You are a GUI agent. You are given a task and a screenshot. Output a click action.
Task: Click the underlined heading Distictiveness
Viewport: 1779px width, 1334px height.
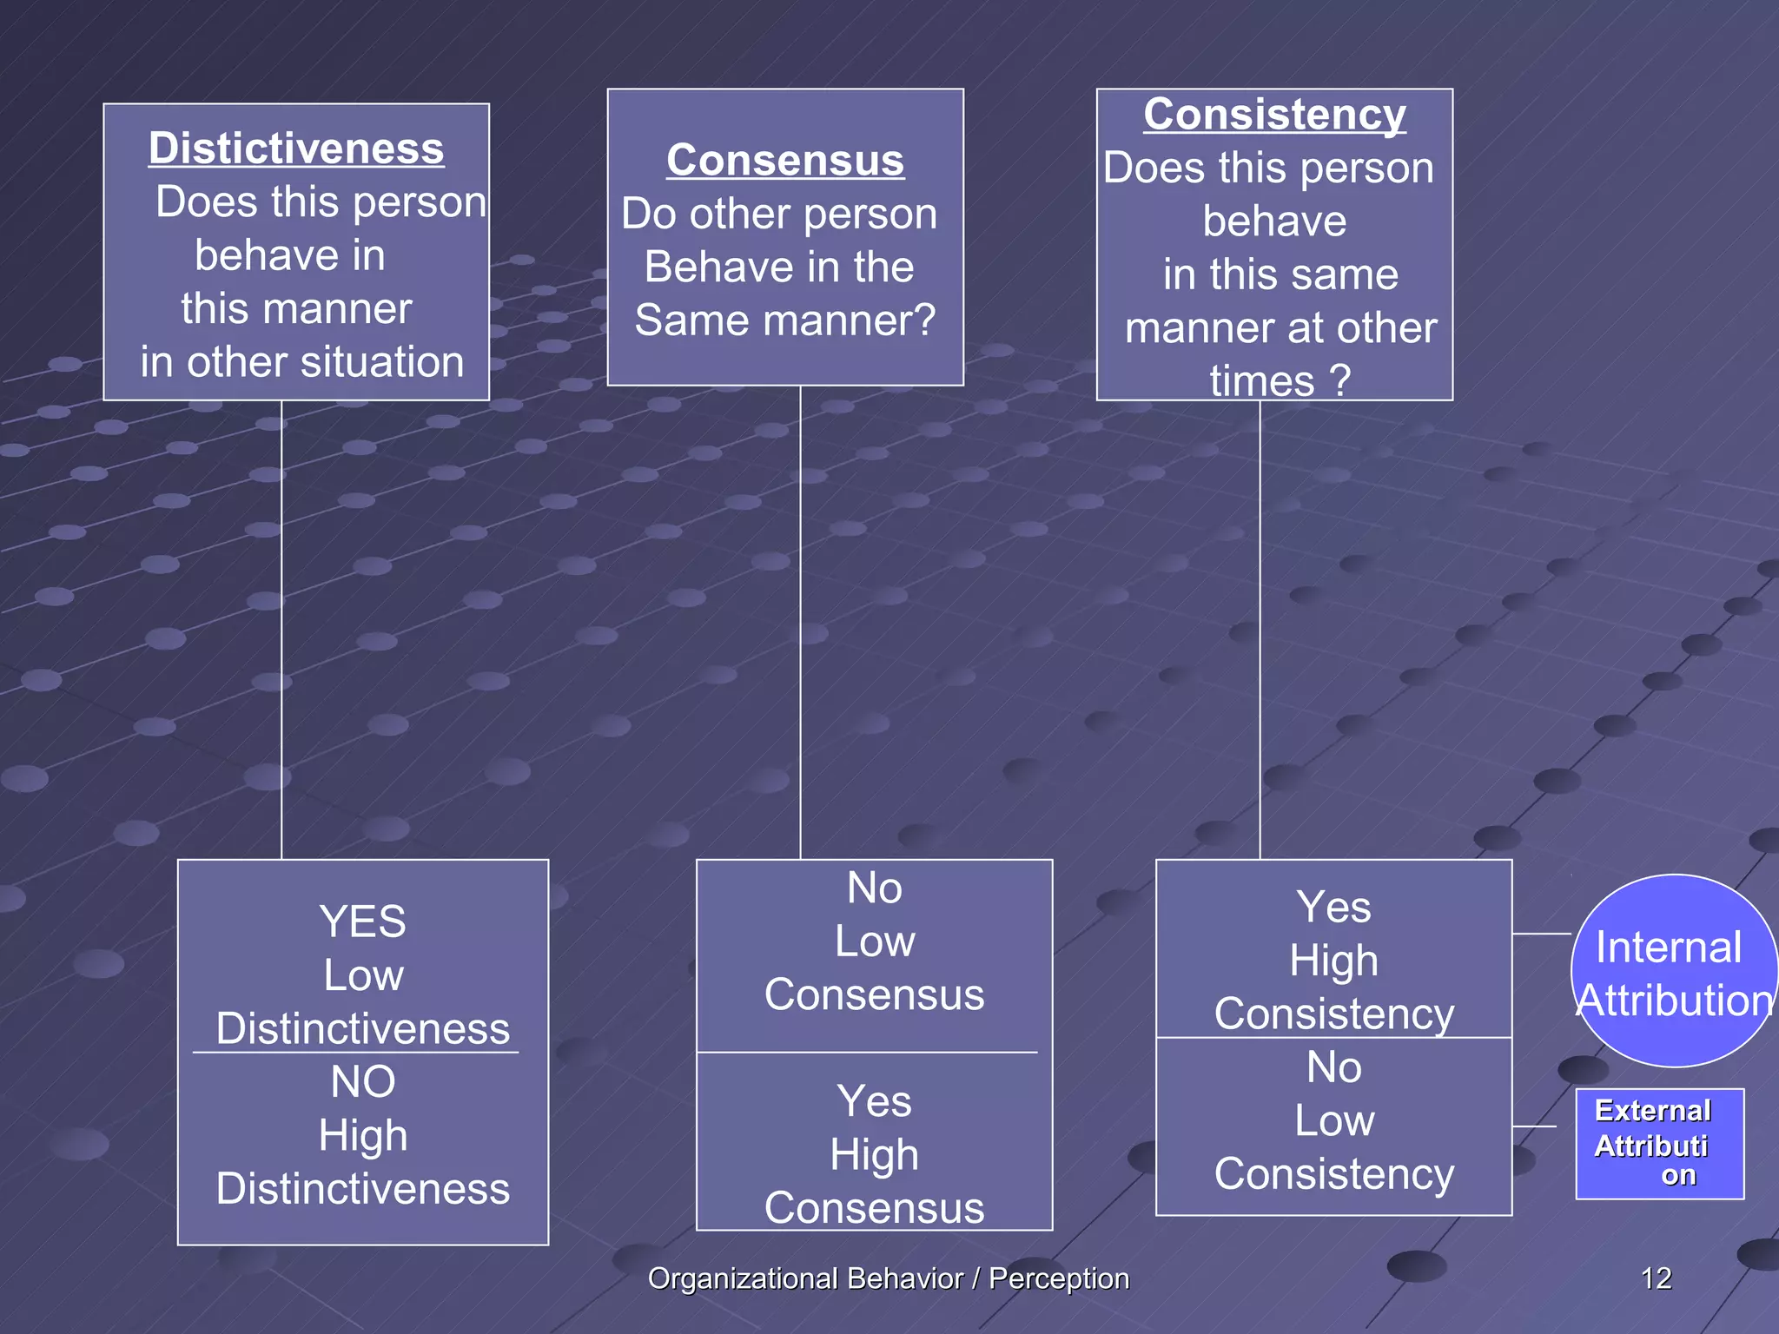click(296, 149)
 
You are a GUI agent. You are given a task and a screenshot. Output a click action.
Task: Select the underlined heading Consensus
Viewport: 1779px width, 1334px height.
click(785, 161)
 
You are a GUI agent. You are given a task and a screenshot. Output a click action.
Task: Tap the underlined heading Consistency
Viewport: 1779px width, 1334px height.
click(1274, 115)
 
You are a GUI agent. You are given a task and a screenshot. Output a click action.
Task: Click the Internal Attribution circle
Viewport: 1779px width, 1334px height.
click(1673, 971)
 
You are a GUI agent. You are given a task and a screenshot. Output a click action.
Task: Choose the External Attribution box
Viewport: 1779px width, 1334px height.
click(1659, 1143)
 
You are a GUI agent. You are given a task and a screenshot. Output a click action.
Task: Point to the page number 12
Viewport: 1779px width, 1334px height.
click(1656, 1278)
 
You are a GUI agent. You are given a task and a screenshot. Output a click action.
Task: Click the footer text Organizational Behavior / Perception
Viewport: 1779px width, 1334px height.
click(889, 1278)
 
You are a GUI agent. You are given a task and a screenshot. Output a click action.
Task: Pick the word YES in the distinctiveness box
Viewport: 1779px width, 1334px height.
click(362, 921)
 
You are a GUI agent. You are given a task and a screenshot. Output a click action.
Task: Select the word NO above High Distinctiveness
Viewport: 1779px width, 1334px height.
click(362, 1082)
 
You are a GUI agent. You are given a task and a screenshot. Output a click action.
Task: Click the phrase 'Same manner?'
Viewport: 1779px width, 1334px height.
click(785, 320)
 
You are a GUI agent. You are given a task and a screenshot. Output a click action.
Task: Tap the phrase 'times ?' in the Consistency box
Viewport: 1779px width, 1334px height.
click(1280, 381)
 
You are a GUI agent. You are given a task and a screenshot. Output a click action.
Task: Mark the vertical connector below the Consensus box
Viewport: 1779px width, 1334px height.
click(800, 622)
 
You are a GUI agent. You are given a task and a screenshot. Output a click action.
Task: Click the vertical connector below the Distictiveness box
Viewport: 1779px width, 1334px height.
click(281, 630)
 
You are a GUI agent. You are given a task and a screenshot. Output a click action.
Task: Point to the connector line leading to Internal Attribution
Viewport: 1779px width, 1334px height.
click(1542, 934)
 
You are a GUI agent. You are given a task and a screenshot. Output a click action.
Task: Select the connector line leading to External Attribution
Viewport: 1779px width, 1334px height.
click(1534, 1126)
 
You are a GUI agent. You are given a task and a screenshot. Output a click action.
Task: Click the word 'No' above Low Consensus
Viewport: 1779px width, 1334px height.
click(875, 888)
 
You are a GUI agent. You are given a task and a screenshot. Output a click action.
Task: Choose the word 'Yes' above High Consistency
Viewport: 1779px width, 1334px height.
click(1333, 908)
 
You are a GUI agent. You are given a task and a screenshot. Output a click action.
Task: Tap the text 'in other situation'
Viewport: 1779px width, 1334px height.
click(302, 362)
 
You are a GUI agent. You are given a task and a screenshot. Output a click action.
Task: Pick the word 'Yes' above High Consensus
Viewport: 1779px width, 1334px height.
click(874, 1102)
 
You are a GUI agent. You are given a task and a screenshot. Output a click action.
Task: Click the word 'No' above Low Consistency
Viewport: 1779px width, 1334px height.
click(1333, 1067)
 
